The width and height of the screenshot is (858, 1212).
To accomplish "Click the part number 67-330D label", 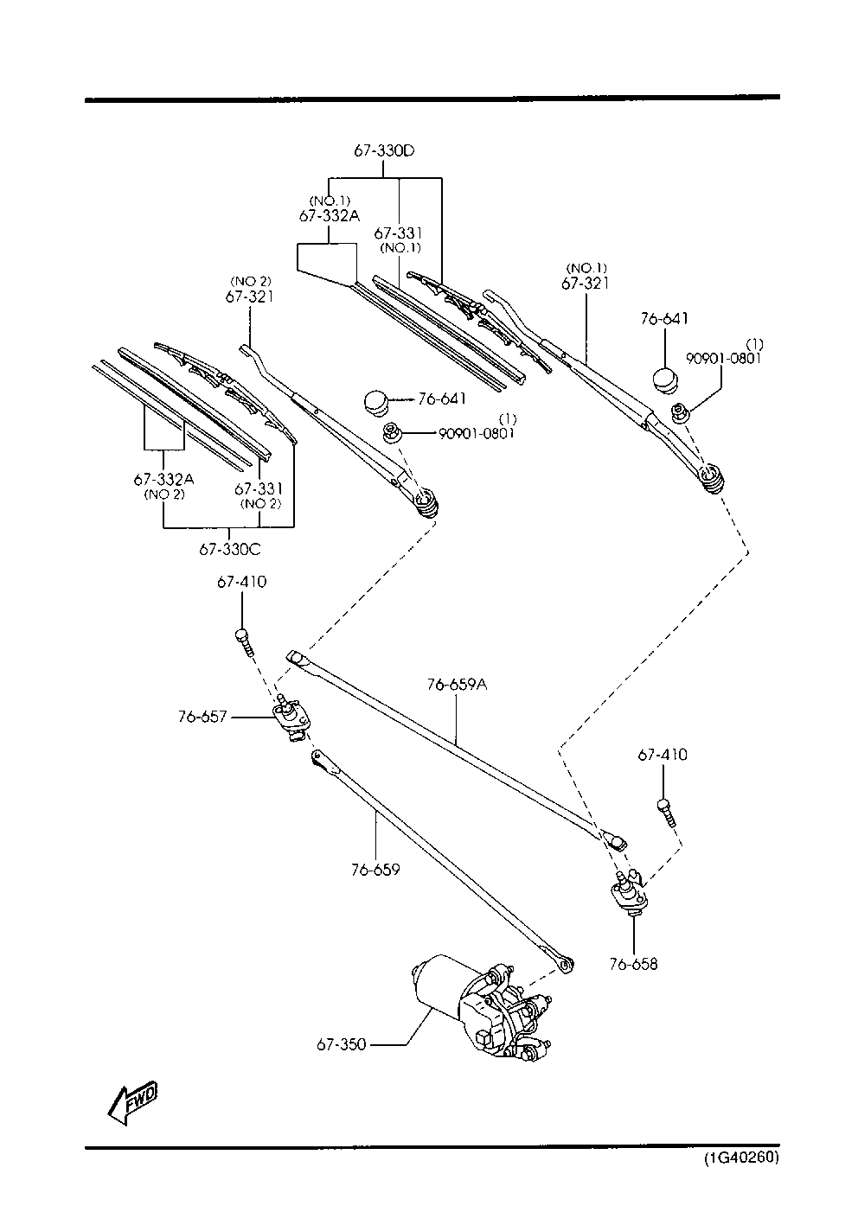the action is point(384,150).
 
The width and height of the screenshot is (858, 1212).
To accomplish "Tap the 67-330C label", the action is point(230,550).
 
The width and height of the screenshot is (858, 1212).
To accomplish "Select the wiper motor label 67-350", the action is point(342,1044).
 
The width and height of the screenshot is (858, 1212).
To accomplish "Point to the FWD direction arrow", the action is point(132,1103).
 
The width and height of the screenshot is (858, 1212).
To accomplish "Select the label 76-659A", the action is point(457,685).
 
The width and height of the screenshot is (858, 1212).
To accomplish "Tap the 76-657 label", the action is point(202,717).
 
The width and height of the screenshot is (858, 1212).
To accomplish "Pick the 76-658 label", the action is point(633,964).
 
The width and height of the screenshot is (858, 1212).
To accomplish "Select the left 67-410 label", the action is point(242,582).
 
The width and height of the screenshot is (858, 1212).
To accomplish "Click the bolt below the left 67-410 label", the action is point(245,643).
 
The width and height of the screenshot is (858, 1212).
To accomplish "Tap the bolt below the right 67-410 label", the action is point(666,813).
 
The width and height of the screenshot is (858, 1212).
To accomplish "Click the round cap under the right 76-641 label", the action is point(666,380).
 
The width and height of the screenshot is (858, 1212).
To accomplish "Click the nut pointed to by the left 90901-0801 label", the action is point(390,433).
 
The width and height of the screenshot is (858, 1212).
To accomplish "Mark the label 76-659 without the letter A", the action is point(375,870).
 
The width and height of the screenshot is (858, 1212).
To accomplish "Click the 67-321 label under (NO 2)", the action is point(250,297).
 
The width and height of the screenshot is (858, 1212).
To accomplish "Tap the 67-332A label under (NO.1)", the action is point(330,216).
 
